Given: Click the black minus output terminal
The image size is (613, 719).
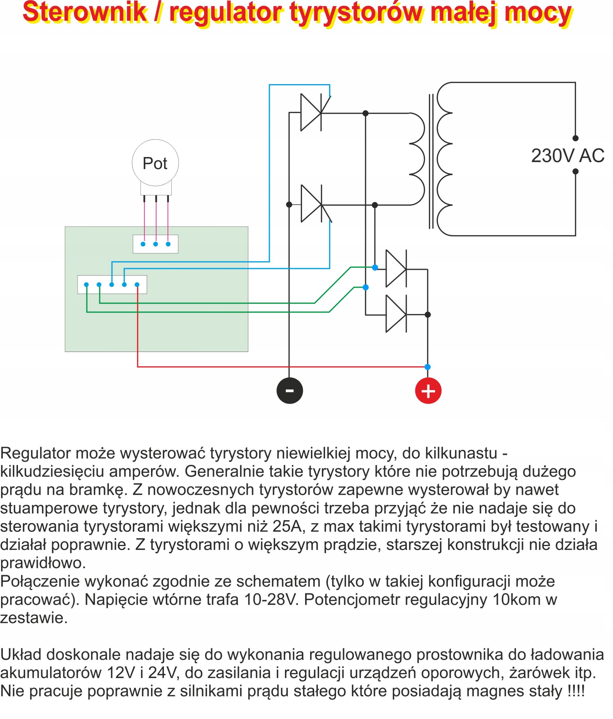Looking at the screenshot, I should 289,390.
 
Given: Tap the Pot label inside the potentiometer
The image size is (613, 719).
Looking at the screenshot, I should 155,163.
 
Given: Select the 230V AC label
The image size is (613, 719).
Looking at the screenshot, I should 568,156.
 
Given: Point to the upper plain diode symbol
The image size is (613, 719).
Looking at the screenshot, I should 396,269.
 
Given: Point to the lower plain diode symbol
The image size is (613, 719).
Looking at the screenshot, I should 396,314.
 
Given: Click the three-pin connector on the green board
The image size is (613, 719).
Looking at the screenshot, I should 155,244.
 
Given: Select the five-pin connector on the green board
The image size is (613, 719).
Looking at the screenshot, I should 112,285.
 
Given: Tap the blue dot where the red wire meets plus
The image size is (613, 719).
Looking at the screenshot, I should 427,367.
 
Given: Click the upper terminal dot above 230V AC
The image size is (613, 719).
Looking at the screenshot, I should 575,138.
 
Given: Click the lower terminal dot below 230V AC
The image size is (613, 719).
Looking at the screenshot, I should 575,171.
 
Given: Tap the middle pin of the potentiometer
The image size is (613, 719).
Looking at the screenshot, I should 156,199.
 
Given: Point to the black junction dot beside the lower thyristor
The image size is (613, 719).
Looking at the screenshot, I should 289,205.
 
